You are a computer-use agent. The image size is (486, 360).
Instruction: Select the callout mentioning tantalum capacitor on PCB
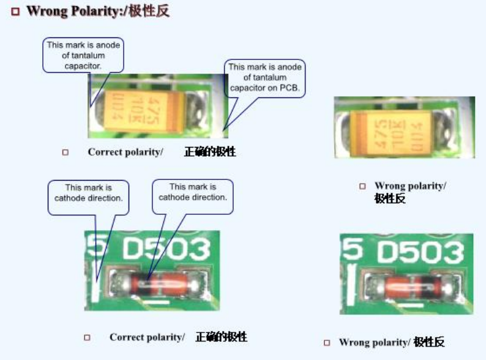[x=265, y=78]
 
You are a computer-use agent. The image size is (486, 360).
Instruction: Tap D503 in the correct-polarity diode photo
[x=166, y=250]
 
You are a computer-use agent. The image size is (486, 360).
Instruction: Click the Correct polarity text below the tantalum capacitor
[x=125, y=152]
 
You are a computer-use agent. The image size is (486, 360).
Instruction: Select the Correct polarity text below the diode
[x=147, y=337]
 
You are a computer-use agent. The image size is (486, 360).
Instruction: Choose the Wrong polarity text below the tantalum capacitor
[x=410, y=186]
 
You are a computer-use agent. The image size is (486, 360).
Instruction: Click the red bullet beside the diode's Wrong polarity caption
[x=326, y=343]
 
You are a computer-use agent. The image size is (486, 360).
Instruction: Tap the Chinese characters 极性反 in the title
[x=149, y=11]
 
